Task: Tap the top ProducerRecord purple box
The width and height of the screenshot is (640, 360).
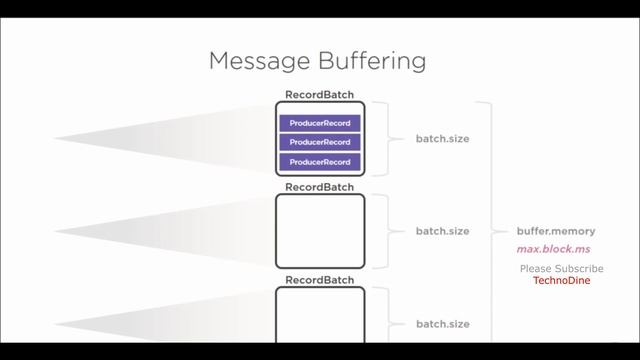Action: (319, 123)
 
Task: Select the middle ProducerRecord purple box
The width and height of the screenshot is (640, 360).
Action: (319, 142)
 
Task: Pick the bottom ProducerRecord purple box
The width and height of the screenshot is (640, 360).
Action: (319, 161)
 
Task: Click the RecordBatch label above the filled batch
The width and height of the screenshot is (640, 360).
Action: (319, 95)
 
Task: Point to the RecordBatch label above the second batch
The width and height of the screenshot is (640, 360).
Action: (319, 187)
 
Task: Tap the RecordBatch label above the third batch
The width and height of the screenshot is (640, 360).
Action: (319, 280)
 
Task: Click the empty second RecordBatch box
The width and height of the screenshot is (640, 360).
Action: (319, 231)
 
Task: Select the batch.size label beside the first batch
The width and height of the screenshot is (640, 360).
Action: (442, 139)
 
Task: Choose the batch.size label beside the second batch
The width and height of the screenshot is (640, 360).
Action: (442, 231)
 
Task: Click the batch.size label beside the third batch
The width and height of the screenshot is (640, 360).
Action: (442, 324)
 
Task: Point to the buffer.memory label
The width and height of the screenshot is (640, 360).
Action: (556, 231)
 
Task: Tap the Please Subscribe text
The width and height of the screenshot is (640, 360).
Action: (561, 269)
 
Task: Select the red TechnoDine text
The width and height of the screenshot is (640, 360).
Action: (561, 281)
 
